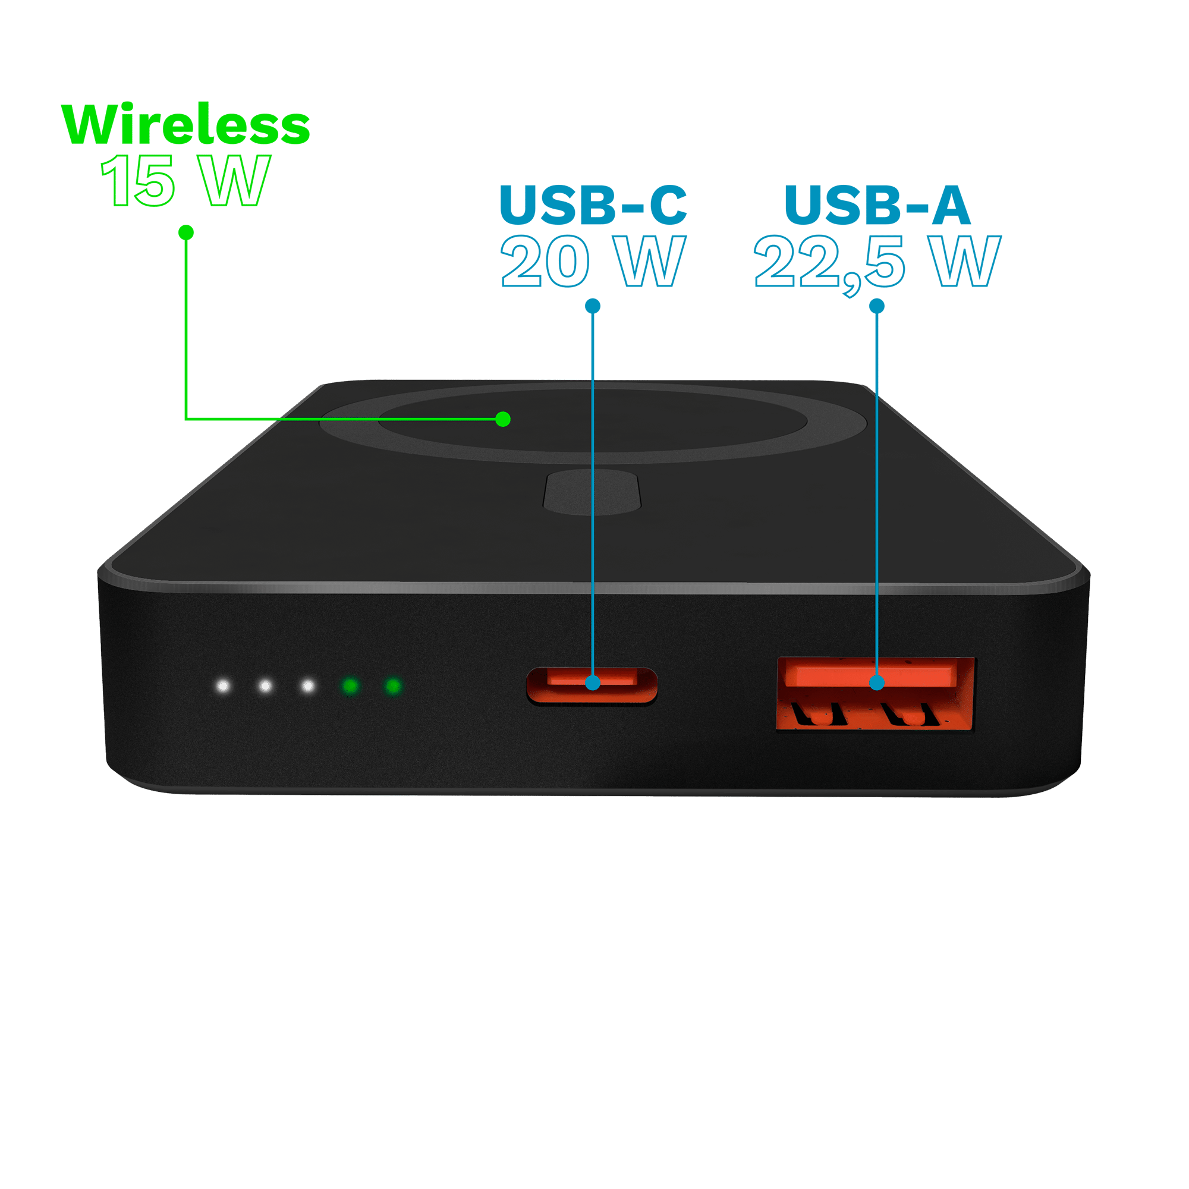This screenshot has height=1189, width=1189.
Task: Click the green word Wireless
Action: tap(185, 124)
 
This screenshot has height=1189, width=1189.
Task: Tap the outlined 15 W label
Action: tap(185, 180)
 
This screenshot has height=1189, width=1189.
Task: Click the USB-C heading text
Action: tap(593, 205)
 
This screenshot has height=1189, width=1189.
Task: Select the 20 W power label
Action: tap(593, 261)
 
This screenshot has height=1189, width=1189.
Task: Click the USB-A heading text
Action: tap(877, 205)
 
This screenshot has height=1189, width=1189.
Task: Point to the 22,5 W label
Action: tap(877, 263)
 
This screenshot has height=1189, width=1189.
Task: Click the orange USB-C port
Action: tap(592, 685)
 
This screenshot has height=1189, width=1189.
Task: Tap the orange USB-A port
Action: tap(875, 694)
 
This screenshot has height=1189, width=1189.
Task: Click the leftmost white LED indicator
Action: tap(223, 685)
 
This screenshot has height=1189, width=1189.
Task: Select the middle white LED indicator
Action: tap(265, 685)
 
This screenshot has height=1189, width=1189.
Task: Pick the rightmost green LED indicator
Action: tap(393, 685)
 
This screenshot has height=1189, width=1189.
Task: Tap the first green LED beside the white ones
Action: tap(351, 685)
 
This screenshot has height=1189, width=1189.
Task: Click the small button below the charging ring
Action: tap(592, 492)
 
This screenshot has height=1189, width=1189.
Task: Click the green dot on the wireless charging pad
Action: tap(503, 419)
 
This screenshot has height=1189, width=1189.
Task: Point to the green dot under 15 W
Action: tap(186, 232)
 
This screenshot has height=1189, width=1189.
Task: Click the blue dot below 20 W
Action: tap(593, 306)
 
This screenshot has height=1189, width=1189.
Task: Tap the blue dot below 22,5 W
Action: tap(877, 306)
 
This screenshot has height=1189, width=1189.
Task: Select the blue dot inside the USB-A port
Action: tap(877, 682)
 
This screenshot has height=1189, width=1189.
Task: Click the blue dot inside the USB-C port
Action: tap(593, 682)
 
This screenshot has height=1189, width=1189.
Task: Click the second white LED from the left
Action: tap(265, 685)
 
